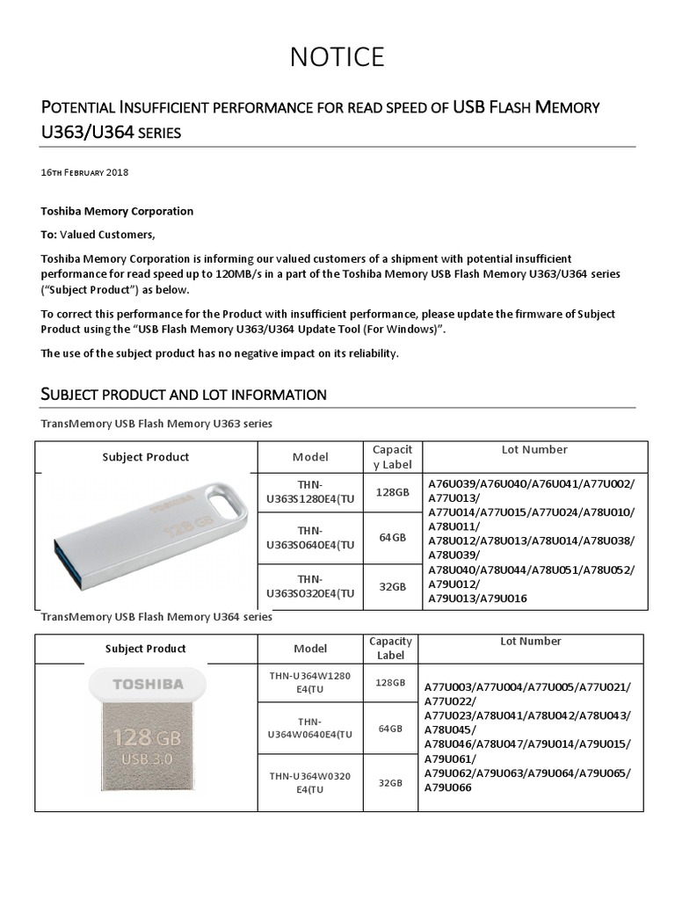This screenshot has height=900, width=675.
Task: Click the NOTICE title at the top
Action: [x=337, y=57]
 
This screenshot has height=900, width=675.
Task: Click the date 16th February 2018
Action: [x=84, y=172]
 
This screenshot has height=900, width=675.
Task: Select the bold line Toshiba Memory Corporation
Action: [x=117, y=211]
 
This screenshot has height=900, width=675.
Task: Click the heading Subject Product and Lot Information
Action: [x=184, y=395]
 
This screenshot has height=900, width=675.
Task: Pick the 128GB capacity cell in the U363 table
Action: [x=392, y=492]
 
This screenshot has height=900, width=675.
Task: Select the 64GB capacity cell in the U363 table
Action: [x=392, y=537]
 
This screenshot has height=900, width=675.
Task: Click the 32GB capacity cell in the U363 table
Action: [x=392, y=586]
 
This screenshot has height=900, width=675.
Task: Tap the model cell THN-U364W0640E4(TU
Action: [x=310, y=728]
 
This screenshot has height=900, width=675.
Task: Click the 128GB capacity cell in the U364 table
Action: [x=391, y=683]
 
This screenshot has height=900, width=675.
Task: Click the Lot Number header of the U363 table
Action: [x=533, y=449]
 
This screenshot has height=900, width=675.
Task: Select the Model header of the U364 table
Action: [x=310, y=649]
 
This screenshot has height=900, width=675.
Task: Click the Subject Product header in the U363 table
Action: [x=145, y=457]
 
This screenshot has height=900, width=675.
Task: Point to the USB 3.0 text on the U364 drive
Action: [x=147, y=758]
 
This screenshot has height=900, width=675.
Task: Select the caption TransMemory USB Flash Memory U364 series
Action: [x=156, y=617]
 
